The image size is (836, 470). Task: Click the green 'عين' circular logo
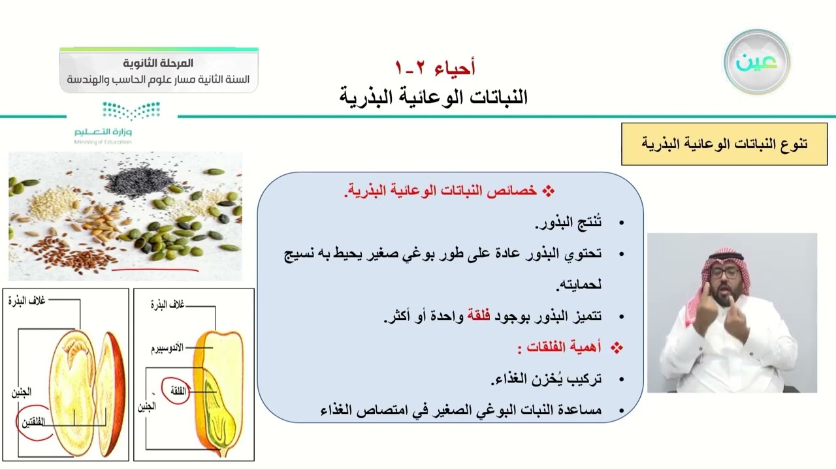click(757, 62)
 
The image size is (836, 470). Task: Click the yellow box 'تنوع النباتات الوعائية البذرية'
click(724, 144)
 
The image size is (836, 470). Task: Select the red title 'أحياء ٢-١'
click(435, 67)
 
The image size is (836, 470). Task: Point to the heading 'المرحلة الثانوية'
click(159, 63)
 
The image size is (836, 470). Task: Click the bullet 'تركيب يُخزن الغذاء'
click(546, 379)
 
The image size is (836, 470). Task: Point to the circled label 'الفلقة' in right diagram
click(176, 390)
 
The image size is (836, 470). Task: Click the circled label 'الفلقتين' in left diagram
click(34, 422)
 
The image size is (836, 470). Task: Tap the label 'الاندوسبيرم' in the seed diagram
click(167, 347)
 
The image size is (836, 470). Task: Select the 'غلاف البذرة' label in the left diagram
click(27, 300)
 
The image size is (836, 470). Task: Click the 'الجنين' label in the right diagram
click(146, 407)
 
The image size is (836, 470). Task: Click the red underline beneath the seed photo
click(155, 268)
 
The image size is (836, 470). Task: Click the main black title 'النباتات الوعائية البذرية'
click(433, 97)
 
